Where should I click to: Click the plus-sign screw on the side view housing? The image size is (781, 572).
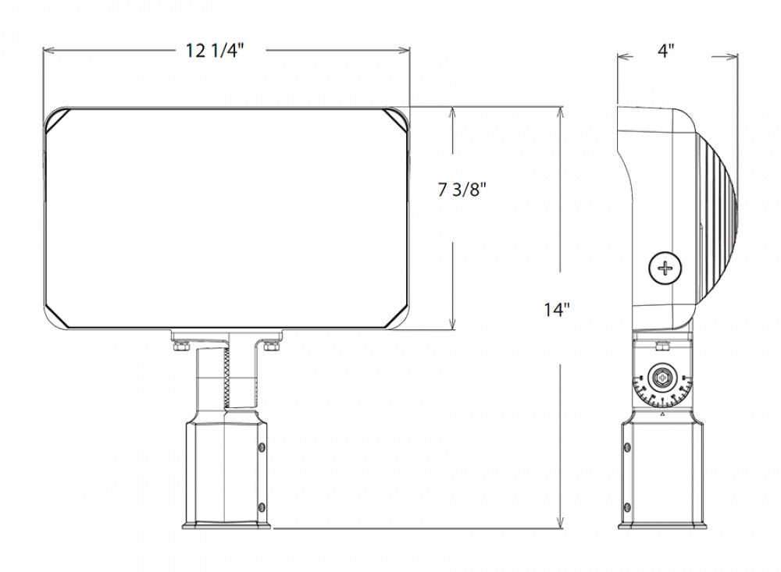[665, 268]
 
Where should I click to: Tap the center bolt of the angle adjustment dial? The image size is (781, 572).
[662, 378]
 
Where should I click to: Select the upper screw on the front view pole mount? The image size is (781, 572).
[261, 447]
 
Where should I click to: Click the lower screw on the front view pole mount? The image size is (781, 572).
[261, 507]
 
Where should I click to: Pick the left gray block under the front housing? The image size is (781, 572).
[164, 360]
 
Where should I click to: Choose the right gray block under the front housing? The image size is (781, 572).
[288, 360]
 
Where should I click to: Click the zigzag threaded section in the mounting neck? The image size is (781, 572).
[226, 376]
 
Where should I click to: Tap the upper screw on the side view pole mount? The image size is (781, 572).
[627, 447]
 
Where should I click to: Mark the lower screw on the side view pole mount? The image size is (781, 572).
[627, 507]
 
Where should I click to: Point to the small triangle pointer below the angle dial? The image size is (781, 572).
[662, 414]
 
